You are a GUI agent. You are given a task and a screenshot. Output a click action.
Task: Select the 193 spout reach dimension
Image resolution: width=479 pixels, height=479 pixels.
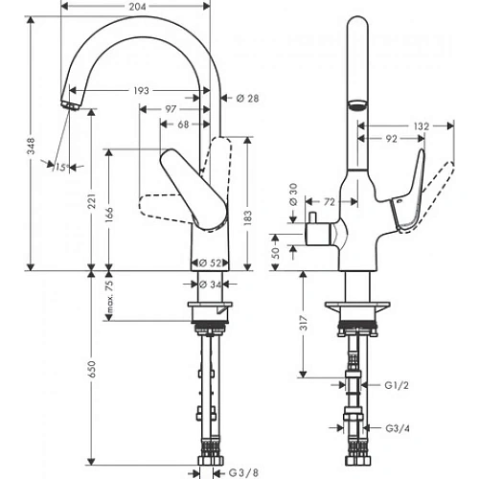tap(142, 91)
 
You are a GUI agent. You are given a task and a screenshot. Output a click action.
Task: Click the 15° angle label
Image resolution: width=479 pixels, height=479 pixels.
tap(62, 168)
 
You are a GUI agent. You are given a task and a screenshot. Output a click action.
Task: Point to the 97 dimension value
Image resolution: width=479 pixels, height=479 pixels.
tap(171, 110)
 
